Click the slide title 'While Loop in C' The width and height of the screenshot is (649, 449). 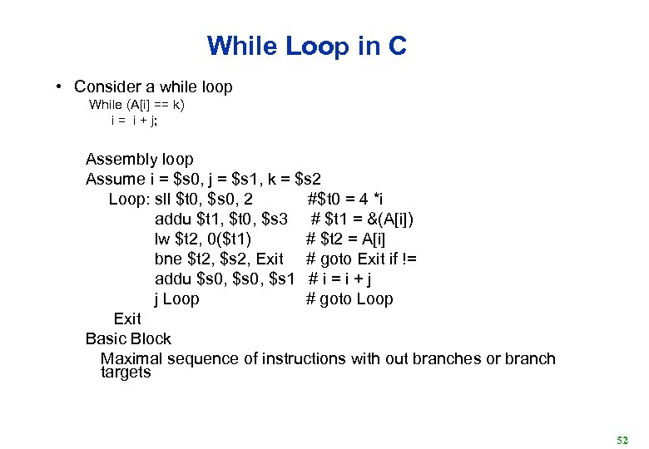307,46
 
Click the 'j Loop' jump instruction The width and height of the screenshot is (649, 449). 177,299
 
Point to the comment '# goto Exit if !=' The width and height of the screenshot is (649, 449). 361,259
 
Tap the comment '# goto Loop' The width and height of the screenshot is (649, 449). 349,299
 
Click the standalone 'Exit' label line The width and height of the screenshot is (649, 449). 127,318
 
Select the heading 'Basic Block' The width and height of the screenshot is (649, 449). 128,338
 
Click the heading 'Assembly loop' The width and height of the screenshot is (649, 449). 139,159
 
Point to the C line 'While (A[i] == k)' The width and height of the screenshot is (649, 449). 137,105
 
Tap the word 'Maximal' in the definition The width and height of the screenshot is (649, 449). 131,358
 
